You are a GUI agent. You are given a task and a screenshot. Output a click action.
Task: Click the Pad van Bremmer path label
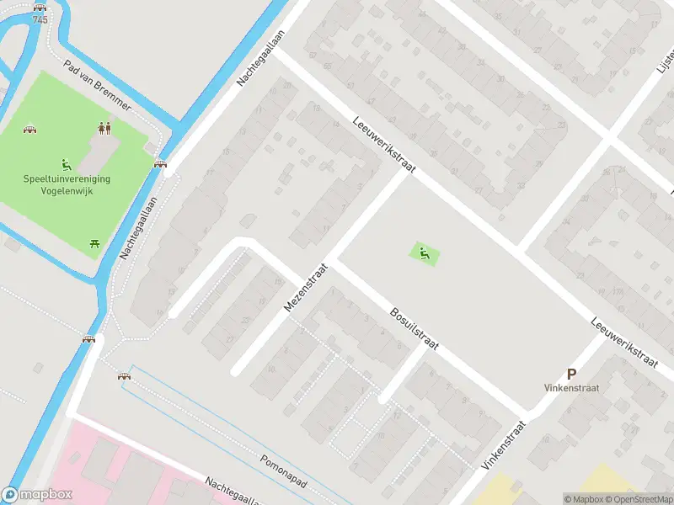pyautogui.click(x=98, y=86)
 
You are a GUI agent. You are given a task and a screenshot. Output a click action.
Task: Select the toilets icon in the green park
pyautogui.click(x=105, y=128)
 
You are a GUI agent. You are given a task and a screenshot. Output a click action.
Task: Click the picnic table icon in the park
pyautogui.click(x=95, y=243)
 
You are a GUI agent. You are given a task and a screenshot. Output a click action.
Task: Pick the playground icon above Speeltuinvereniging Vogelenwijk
pyautogui.click(x=67, y=164)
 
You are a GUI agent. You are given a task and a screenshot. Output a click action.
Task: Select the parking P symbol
pyautogui.click(x=571, y=375)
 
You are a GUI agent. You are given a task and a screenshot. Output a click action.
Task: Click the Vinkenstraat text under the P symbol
pyautogui.click(x=571, y=389)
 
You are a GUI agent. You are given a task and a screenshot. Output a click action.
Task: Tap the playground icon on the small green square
pyautogui.click(x=425, y=252)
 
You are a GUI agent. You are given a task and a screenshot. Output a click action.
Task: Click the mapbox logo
pyautogui.click(x=37, y=495)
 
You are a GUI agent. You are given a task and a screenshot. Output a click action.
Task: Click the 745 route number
pyautogui.click(x=40, y=19)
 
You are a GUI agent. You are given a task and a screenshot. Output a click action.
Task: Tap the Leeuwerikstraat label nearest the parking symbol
pyautogui.click(x=623, y=342)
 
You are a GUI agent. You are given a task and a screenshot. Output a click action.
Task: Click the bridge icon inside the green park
pyautogui.click(x=31, y=130)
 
